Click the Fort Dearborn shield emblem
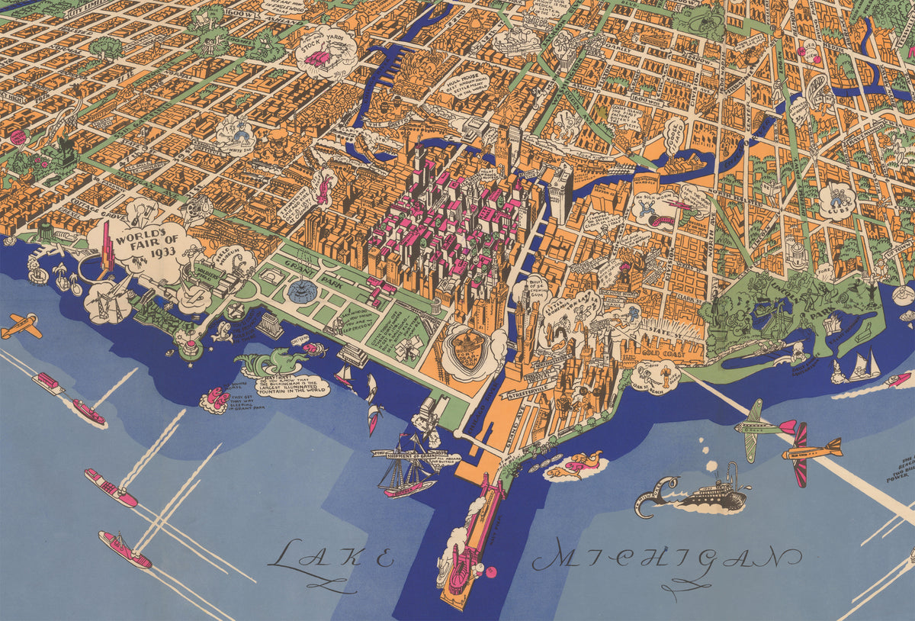467,349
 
